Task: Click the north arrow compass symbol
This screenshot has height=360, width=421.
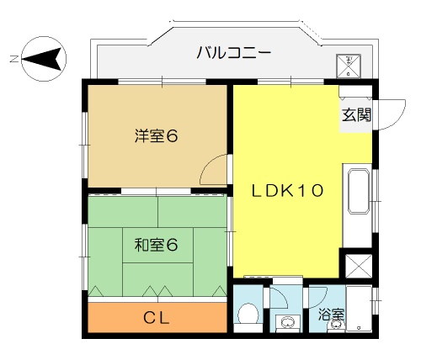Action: pyautogui.click(x=44, y=59)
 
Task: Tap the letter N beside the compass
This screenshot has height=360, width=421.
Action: pyautogui.click(x=13, y=59)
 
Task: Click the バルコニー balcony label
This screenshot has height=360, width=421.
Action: pyautogui.click(x=234, y=53)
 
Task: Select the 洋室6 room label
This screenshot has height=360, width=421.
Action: pyautogui.click(x=156, y=136)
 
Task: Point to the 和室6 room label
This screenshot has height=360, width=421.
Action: pyautogui.click(x=156, y=245)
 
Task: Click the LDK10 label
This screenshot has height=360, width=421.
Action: pyautogui.click(x=288, y=191)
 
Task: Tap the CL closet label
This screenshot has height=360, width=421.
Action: pyautogui.click(x=157, y=318)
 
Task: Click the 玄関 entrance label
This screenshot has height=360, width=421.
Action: pyautogui.click(x=356, y=115)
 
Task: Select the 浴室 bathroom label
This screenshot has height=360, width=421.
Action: pyautogui.click(x=331, y=315)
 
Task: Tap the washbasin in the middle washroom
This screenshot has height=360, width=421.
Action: pyautogui.click(x=286, y=323)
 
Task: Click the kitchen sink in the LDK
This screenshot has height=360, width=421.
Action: pyautogui.click(x=359, y=192)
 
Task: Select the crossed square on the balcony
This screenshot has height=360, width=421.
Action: pyautogui.click(x=349, y=66)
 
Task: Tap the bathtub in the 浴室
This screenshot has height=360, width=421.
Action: pyautogui.click(x=359, y=309)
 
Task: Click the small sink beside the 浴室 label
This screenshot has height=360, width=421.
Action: pyautogui.click(x=335, y=326)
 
